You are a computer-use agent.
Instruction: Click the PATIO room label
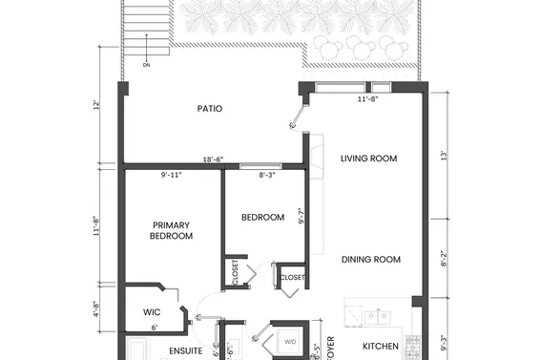[x=210, y=109]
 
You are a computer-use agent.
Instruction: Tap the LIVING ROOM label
[x=368, y=159]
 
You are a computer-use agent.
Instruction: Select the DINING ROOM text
[x=370, y=259]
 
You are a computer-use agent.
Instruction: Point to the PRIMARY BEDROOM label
[x=172, y=230]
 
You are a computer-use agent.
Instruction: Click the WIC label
[x=152, y=312]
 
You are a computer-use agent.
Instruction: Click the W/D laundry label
[x=290, y=341]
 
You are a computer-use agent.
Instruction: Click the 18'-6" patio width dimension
[x=214, y=160]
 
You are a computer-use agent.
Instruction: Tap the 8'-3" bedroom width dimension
[x=271, y=175]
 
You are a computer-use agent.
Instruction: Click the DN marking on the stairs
[x=146, y=65]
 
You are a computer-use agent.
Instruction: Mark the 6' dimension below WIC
[x=155, y=328]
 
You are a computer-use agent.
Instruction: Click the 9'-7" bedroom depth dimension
[x=301, y=217]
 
